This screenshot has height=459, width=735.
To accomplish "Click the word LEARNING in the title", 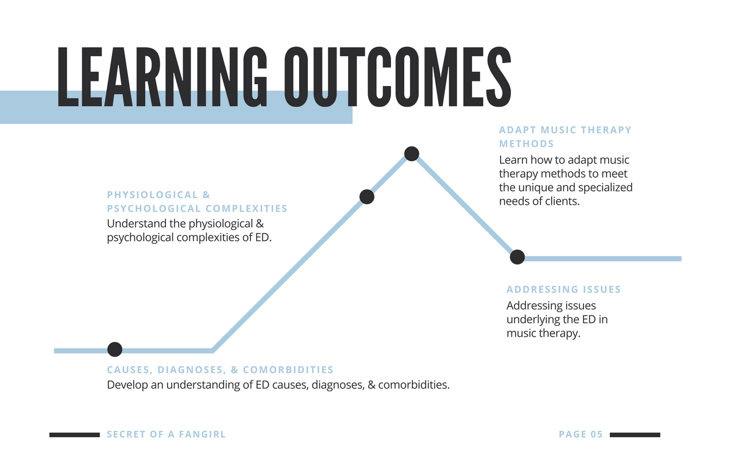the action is tap(163, 77).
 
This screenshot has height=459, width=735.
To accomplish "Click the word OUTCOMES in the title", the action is tap(398, 77).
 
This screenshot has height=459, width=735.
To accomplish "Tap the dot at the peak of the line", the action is tap(412, 153).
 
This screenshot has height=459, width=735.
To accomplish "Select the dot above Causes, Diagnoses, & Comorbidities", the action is tap(115, 349).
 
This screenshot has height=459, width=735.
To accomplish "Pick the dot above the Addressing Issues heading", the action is tap(517, 256).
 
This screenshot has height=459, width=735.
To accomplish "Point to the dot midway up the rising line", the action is tap(367, 197).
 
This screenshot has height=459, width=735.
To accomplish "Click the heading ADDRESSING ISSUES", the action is tap(564, 290).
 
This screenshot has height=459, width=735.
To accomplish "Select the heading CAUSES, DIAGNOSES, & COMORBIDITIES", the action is tap(220, 370).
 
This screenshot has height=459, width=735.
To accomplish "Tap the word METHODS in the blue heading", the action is tap(527, 144).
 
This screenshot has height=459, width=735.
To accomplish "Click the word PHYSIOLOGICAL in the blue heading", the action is tap(153, 195).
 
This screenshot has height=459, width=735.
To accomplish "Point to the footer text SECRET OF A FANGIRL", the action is tap(167, 434).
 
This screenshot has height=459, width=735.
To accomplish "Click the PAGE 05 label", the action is tap(581, 434).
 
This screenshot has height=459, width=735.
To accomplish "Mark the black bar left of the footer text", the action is tap(75, 435).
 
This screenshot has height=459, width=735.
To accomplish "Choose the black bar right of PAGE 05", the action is tap(635, 435).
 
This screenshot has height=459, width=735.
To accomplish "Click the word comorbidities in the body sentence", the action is tap(414, 384).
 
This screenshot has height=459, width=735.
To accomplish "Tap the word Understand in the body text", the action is tap(137, 224).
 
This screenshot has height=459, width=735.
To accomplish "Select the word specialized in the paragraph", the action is tap(605, 188).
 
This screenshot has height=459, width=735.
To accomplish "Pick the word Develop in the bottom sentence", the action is tap(127, 385).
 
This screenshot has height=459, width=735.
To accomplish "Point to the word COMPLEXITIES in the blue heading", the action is tap(246, 208).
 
